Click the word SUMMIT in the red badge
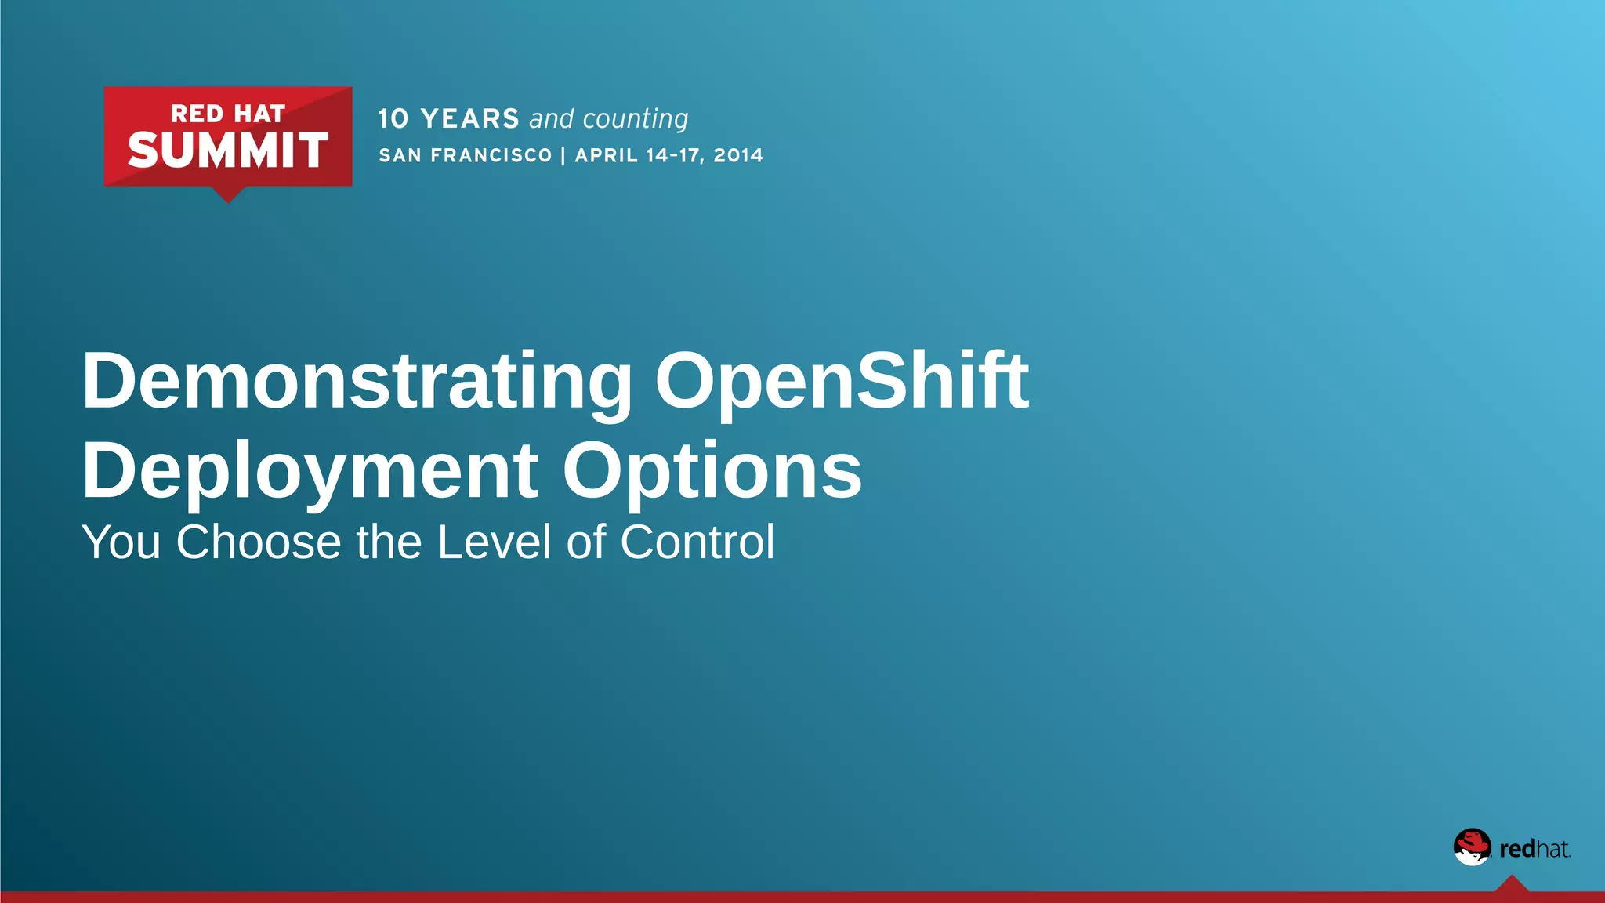(227, 150)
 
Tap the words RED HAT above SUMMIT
(227, 114)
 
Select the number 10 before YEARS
(393, 119)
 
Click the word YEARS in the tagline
(469, 119)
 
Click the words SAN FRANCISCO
(466, 155)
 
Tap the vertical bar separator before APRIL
(563, 155)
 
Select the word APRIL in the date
(607, 155)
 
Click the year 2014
(737, 155)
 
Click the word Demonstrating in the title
(357, 382)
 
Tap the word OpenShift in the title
(841, 382)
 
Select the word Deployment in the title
(310, 471)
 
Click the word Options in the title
(712, 471)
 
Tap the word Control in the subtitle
(697, 542)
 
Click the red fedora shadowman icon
(1472, 847)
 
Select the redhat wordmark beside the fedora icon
(1534, 849)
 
